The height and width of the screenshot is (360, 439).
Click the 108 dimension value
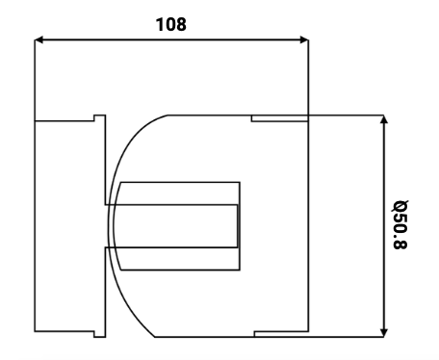(170, 24)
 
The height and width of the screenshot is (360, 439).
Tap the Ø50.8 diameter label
(400, 224)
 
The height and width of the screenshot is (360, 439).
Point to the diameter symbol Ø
(400, 206)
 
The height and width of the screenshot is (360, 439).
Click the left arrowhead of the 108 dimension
(39, 40)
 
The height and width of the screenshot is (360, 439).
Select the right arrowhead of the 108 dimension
(304, 40)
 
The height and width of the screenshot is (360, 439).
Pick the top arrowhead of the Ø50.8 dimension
(383, 119)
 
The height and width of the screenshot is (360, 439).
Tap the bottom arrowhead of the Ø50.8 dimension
(383, 333)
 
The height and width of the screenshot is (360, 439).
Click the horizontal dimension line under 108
(171, 40)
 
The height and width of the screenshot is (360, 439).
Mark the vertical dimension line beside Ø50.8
(383, 226)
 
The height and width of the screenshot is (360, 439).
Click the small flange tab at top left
(99, 118)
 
